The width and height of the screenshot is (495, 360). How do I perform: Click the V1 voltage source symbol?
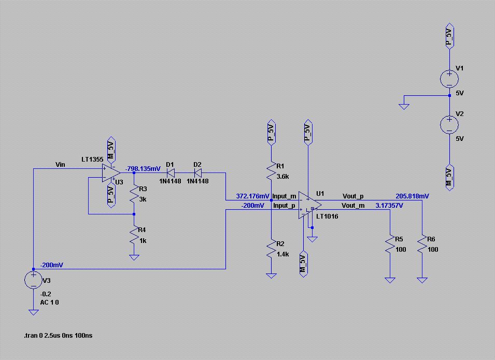tap(449, 79)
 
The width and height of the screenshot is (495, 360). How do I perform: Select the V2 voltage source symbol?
tap(449, 124)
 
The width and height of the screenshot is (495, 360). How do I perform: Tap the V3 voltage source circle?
tap(34, 280)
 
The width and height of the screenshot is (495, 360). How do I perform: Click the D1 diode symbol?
tap(171, 172)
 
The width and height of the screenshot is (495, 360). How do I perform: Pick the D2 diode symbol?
tap(197, 172)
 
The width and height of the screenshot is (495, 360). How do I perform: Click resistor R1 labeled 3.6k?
tap(272, 171)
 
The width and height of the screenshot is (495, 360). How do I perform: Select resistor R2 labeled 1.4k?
tap(272, 249)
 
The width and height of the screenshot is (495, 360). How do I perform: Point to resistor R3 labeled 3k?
tap(134, 194)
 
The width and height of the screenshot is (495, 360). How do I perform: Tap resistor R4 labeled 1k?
tap(134, 235)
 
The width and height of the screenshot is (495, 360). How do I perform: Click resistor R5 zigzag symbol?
tap(390, 243)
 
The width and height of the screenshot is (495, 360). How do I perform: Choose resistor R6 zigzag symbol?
tap(422, 243)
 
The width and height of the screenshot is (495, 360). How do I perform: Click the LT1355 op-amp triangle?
tap(111, 172)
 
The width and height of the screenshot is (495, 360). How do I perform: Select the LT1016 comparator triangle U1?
tap(310, 205)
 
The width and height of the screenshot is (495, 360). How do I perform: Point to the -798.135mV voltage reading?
tap(143, 169)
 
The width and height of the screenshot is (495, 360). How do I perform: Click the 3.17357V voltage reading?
tap(389, 206)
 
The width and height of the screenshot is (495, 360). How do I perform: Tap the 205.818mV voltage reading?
tap(412, 196)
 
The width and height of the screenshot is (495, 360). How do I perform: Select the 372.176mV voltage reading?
tap(253, 196)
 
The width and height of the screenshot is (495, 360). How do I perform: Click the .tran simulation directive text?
tap(58, 335)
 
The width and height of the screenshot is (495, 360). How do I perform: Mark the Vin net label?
tap(60, 164)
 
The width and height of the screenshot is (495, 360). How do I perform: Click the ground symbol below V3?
tap(34, 312)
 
